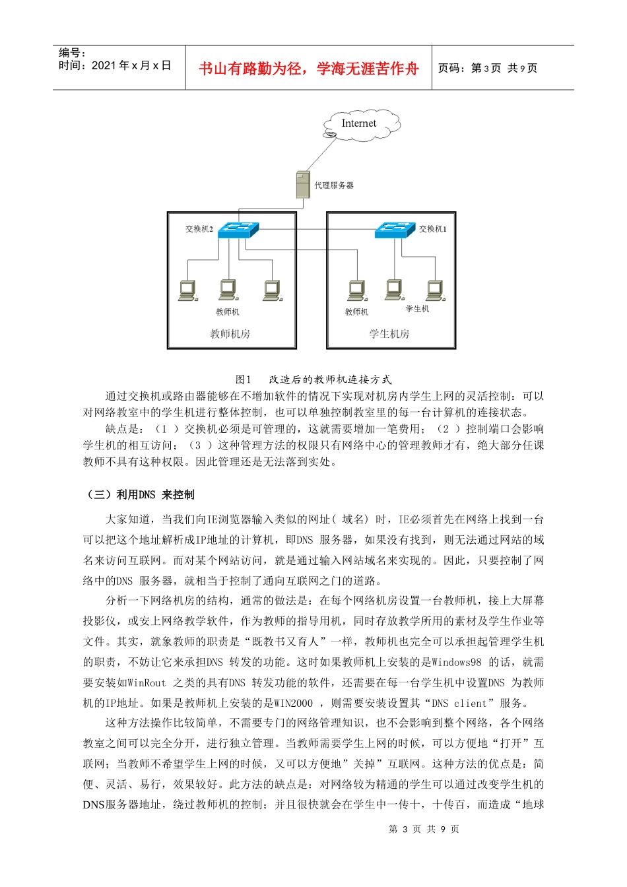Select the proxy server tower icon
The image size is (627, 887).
(x=303, y=185)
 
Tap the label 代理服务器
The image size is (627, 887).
(x=334, y=185)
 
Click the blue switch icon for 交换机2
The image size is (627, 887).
(x=238, y=230)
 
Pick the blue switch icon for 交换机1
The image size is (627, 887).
(x=395, y=230)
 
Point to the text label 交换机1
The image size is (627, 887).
(x=433, y=229)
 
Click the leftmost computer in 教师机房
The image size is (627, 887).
(x=187, y=290)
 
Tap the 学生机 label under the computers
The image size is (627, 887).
(x=417, y=309)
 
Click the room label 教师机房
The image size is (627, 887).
(x=230, y=334)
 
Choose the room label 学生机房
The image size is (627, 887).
(x=389, y=334)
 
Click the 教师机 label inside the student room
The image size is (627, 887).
(x=356, y=312)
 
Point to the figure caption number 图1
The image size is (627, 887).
(x=244, y=379)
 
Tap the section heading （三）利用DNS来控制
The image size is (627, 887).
(x=140, y=494)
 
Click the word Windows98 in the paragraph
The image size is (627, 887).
(x=457, y=662)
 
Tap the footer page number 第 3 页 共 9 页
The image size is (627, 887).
(x=424, y=829)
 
